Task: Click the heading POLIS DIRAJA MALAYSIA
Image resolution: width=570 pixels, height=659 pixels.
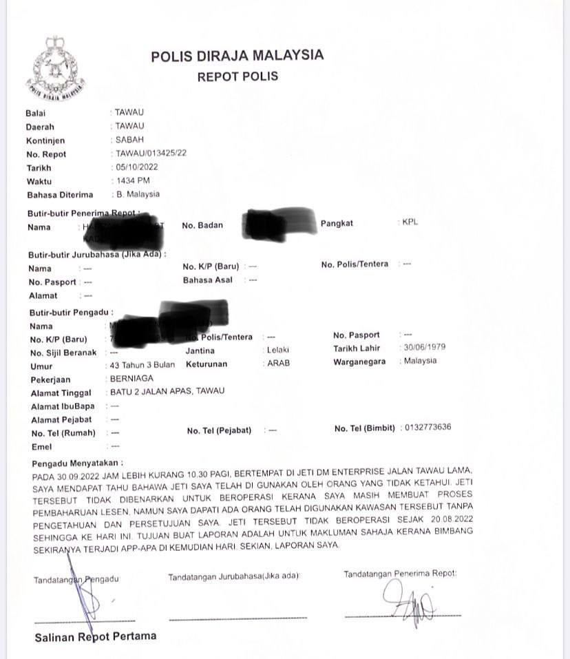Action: click(x=237, y=56)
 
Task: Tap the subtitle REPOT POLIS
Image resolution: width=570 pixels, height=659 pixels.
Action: click(x=237, y=76)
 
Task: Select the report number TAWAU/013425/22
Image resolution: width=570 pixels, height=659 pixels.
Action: click(x=151, y=154)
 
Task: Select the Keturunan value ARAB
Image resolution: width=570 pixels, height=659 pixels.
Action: click(x=279, y=364)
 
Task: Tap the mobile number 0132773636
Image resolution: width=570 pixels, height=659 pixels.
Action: click(x=427, y=428)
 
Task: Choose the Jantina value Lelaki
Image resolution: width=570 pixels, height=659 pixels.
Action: click(x=277, y=350)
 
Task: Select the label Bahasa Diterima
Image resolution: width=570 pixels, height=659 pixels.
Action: click(x=59, y=195)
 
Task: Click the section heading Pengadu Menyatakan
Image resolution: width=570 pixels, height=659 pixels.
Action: click(x=78, y=463)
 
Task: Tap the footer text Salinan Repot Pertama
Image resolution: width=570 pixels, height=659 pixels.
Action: click(x=96, y=636)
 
